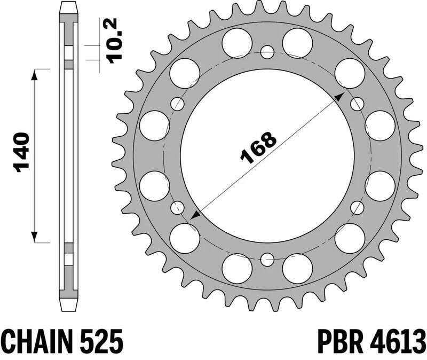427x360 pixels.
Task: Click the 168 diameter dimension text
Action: click(x=259, y=146)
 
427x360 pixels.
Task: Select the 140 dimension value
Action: click(x=21, y=153)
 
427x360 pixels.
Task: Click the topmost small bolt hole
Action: click(x=267, y=51)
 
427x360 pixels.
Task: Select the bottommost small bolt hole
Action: click(x=267, y=260)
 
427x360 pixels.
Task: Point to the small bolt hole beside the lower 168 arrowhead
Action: click(x=177, y=208)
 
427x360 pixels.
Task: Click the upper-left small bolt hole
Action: click(x=177, y=104)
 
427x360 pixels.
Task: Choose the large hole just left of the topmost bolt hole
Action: click(x=237, y=43)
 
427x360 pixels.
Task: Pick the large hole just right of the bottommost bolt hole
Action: click(x=297, y=268)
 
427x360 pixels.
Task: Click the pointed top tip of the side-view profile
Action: click(x=67, y=5)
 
